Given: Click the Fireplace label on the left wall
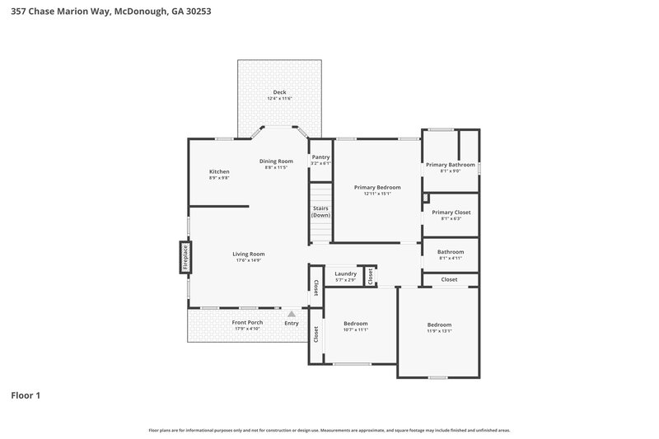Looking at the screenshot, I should [185, 257].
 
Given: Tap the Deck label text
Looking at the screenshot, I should [279, 91].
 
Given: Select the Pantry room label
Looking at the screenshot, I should [320, 156].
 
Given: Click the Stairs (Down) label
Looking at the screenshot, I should [320, 212].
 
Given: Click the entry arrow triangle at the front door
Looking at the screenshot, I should [291, 314].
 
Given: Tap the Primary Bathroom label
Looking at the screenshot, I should [450, 165].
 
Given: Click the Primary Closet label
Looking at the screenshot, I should [451, 212].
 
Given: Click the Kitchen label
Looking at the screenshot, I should [219, 171].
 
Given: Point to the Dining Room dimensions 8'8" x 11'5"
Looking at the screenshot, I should [276, 167].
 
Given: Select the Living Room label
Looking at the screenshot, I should [248, 254].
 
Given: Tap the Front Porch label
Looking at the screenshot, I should [246, 322].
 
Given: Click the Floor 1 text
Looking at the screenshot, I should [26, 395].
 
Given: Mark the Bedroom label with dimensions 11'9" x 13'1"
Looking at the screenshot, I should [439, 325].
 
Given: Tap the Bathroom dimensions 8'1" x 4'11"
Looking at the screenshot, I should [451, 259].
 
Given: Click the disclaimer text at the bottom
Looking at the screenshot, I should [329, 430].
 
